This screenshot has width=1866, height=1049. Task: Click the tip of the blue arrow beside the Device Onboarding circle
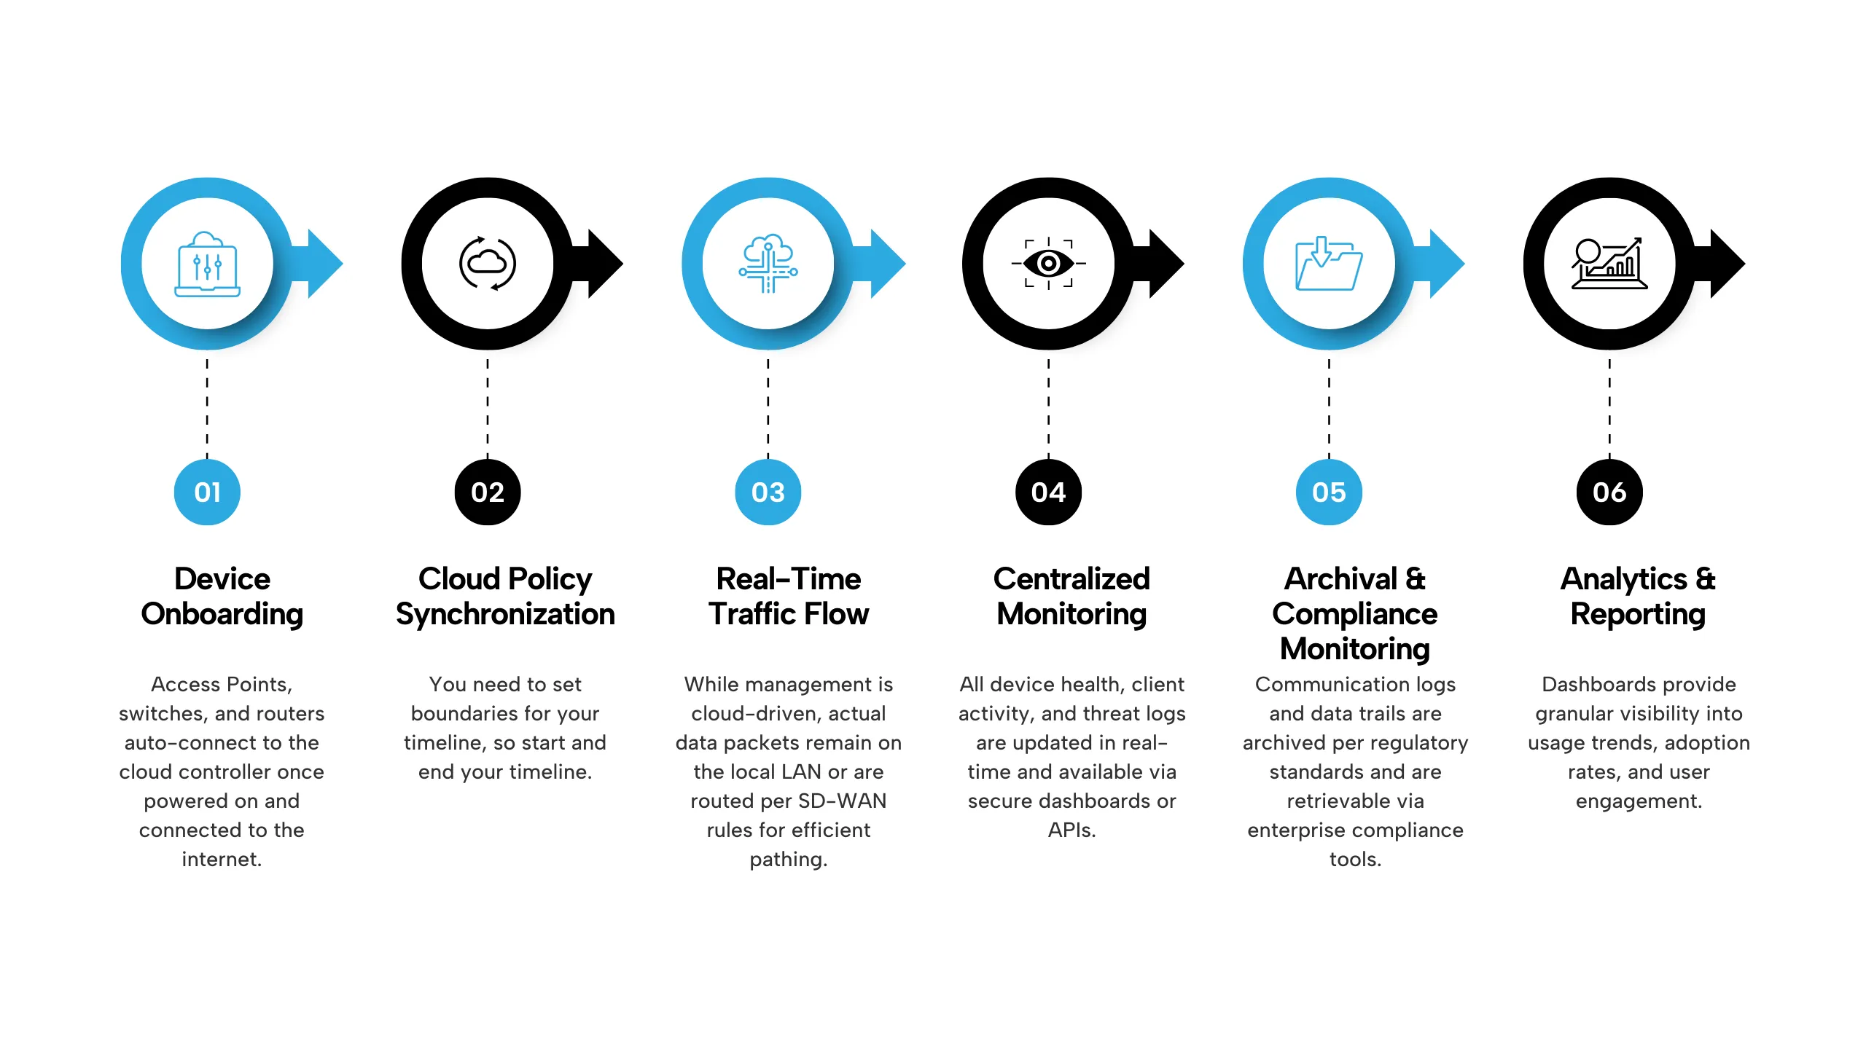coord(343,264)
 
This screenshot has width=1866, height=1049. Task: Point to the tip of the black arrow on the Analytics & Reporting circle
coord(1745,264)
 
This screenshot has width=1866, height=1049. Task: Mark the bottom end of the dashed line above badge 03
coord(768,457)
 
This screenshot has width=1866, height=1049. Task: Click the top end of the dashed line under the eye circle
coord(1049,359)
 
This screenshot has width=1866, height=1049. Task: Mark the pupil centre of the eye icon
coord(1049,263)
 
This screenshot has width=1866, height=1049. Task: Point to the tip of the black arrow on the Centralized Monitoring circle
coord(1184,264)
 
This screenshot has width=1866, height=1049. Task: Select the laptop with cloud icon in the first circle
coord(208,264)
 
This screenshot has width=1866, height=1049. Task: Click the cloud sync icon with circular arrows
coord(488,263)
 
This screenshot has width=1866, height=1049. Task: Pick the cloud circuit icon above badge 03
coord(768,263)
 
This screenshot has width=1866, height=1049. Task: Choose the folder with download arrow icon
coord(1329,263)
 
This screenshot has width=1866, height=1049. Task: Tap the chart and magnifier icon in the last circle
coord(1609,263)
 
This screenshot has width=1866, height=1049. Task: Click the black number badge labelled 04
coord(1049,492)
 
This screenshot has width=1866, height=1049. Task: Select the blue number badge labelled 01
coord(207,492)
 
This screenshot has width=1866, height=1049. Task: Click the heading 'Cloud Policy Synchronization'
coord(505,597)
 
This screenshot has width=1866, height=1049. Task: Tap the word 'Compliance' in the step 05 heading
coord(1355,614)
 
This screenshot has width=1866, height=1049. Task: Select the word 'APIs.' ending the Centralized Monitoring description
coord(1071,830)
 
